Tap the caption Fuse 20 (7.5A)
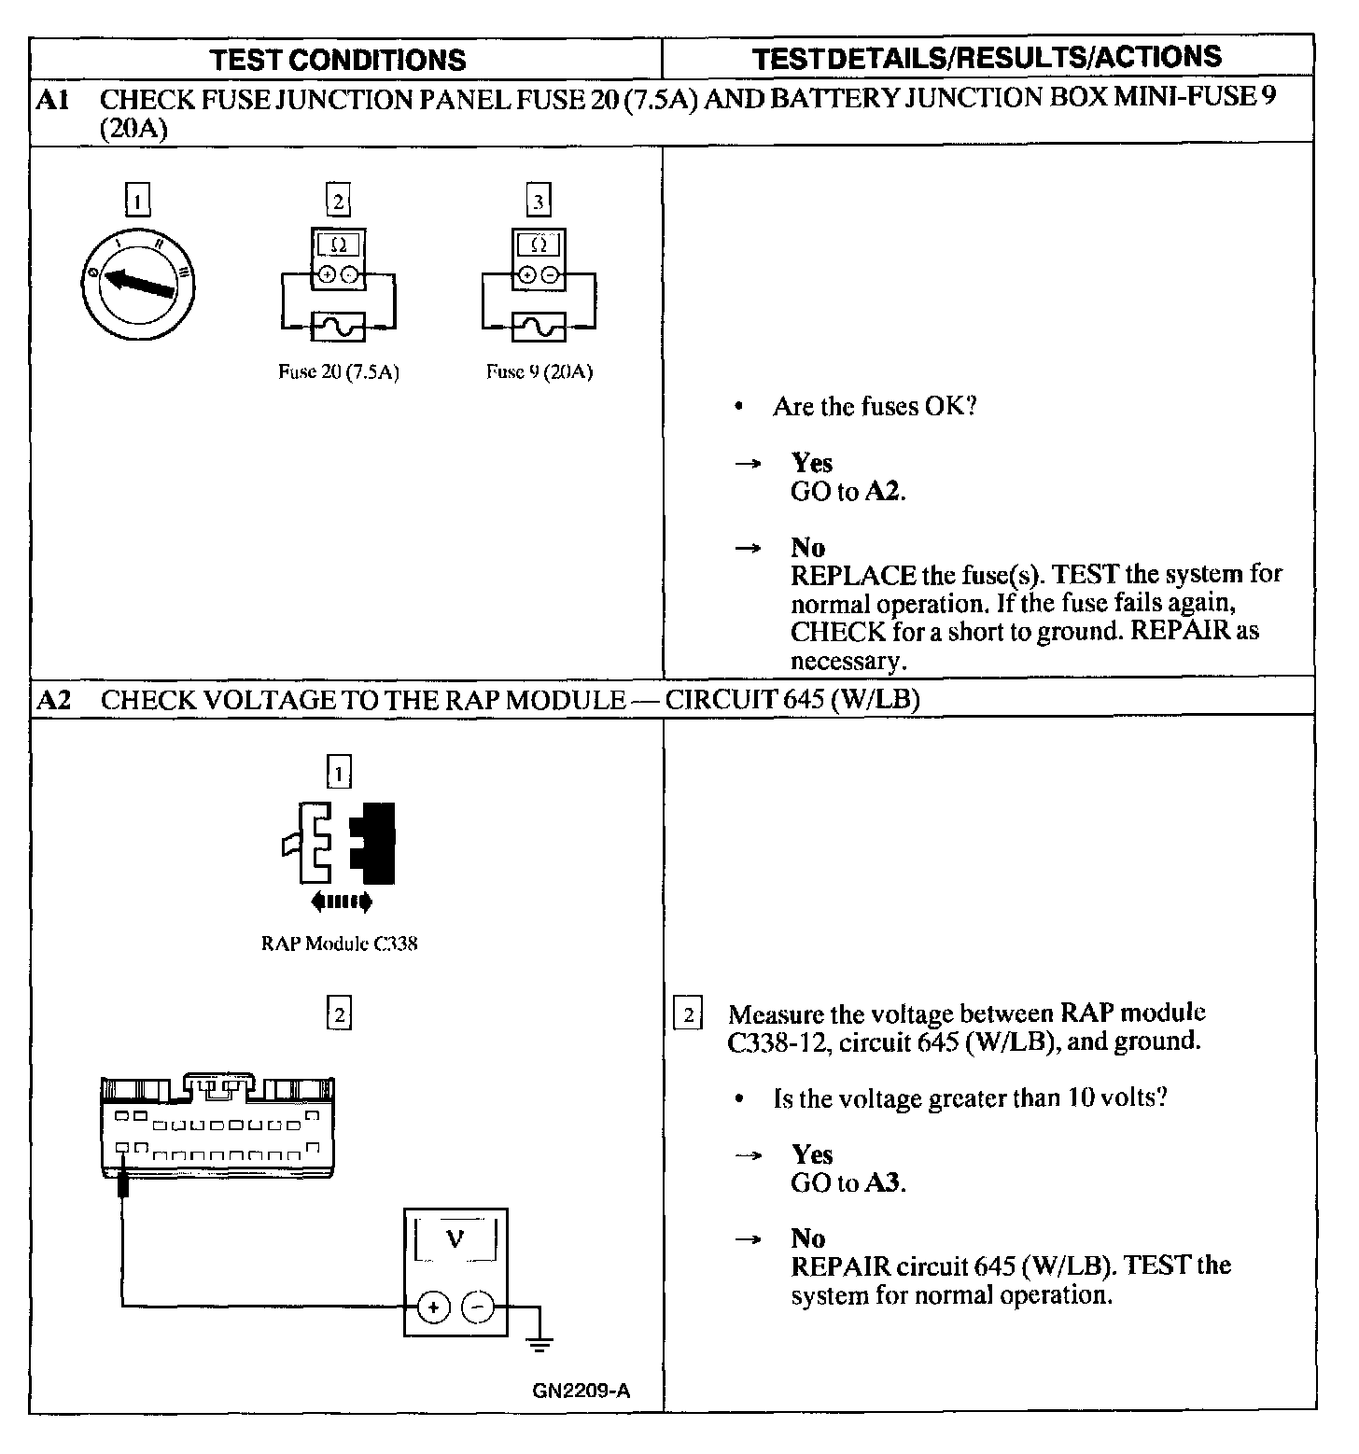point(339,372)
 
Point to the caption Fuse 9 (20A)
point(539,372)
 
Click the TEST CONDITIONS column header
point(337,60)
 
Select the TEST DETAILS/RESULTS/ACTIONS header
point(987,58)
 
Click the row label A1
point(53,99)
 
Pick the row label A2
point(53,700)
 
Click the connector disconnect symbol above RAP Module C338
point(340,844)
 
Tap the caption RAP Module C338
point(339,944)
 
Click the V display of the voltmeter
point(455,1239)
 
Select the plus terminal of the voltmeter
point(433,1307)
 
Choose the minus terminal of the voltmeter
point(478,1307)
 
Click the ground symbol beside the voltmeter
point(539,1344)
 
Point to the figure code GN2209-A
point(581,1391)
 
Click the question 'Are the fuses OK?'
point(874,407)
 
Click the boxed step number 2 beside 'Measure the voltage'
point(688,1014)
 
